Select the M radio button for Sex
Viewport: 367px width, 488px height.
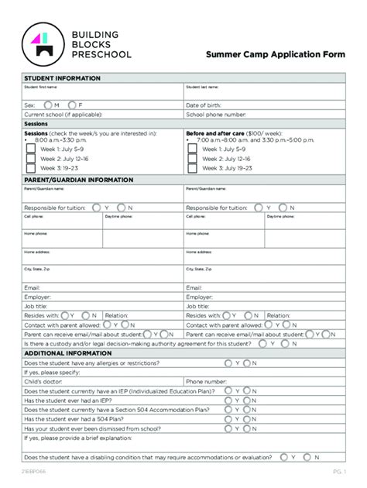tap(48, 105)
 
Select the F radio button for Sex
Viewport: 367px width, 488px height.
tap(72, 105)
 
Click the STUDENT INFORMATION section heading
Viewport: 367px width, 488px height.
tap(62, 79)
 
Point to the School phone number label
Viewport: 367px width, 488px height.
tap(218, 114)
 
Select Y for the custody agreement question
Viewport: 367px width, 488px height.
tap(264, 321)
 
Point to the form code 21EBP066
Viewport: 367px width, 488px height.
tap(36, 472)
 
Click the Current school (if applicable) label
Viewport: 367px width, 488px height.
tap(63, 114)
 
